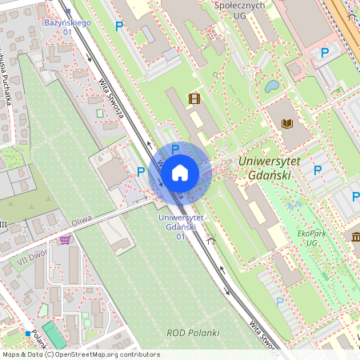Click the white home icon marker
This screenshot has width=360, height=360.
(x=180, y=172)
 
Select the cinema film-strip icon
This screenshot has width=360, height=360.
(x=194, y=98)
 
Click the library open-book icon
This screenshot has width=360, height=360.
(x=286, y=124)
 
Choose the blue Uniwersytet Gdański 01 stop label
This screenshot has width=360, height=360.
(x=181, y=226)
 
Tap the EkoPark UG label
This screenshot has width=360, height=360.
(x=302, y=238)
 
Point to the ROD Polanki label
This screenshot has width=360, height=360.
(x=187, y=332)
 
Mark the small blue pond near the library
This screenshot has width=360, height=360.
(x=272, y=85)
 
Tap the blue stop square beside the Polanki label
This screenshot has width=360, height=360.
(x=27, y=334)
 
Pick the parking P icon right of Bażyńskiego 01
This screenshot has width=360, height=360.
(x=119, y=26)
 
